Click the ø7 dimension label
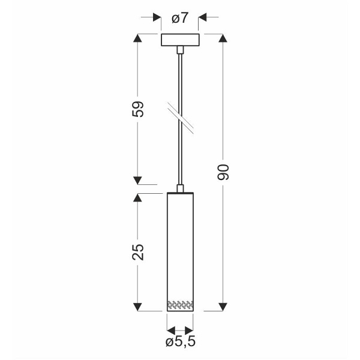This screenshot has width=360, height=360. [180, 18]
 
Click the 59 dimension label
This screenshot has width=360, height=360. [137, 109]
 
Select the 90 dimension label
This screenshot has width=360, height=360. [223, 172]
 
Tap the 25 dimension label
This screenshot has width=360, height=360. [137, 252]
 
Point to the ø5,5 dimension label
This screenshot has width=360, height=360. [180, 343]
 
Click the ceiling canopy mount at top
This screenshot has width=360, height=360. [180, 41]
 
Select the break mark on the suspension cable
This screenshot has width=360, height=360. [180, 118]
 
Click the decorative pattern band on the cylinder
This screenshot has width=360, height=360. [180, 304]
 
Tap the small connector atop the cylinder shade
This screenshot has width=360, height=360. [180, 188]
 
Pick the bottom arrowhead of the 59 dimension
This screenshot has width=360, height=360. [137, 180]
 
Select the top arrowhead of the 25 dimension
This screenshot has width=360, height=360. [137, 197]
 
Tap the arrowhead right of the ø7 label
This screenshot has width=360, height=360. [203, 18]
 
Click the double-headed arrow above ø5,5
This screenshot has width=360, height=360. [180, 330]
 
